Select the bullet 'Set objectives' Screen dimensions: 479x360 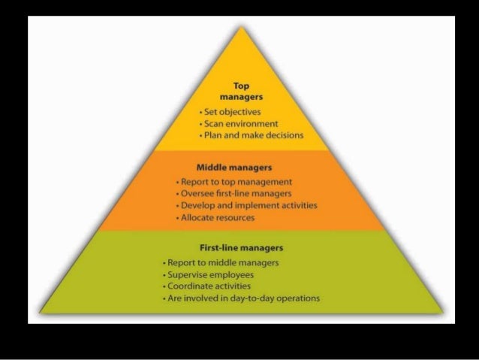point(227,112)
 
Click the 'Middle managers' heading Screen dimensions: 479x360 point(233,167)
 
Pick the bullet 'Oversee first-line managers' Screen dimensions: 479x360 point(233,193)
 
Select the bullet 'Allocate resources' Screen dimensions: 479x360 point(216,217)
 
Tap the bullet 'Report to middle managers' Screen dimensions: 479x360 point(222,262)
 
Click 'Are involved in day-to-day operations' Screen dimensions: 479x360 point(242,298)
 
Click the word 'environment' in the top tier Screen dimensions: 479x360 point(253,123)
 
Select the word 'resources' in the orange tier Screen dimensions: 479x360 point(233,217)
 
